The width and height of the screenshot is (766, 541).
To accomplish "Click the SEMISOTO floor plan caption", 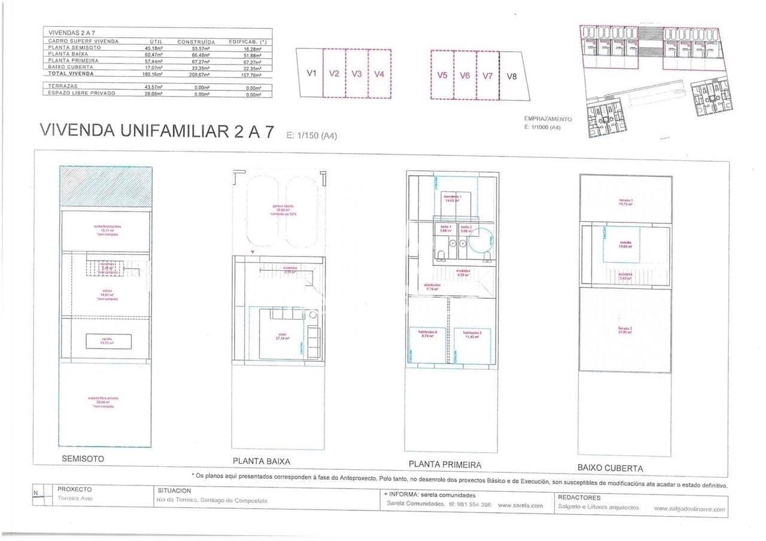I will click(83, 459).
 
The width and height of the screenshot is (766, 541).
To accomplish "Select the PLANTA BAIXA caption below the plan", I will click(261, 461).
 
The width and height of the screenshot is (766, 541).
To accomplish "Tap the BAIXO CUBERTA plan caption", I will click(610, 468).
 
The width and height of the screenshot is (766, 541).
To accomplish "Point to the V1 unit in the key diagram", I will click(311, 74).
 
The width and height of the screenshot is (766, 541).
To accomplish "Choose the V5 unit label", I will click(442, 75).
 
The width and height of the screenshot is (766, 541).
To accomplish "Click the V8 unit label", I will click(511, 76).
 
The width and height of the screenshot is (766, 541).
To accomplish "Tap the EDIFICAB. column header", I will click(247, 41).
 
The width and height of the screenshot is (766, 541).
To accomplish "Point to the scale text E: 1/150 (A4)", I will click(312, 136).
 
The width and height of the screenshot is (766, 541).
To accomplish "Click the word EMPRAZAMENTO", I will click(548, 119).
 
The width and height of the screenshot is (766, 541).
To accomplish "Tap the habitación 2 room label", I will click(472, 334).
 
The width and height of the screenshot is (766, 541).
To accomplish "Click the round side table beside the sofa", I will click(312, 314).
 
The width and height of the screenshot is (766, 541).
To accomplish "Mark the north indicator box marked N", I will click(36, 493).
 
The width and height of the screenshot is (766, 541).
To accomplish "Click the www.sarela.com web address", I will click(520, 505).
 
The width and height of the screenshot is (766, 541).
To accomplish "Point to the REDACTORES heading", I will click(579, 497).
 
